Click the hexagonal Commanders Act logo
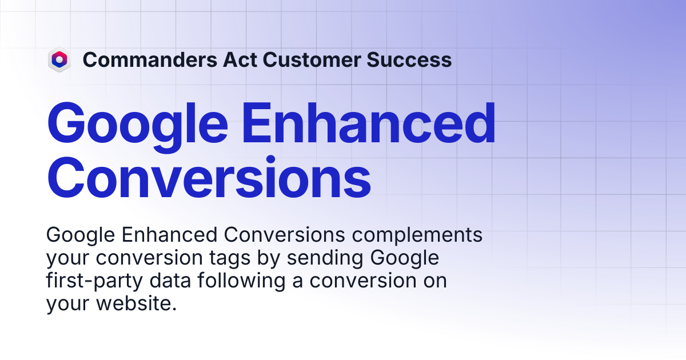[59, 59]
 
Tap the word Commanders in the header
[150, 59]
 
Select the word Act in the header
[240, 59]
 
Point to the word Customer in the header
[312, 59]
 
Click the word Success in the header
[409, 59]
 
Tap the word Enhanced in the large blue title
[369, 123]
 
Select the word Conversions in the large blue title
[209, 177]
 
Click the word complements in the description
[417, 235]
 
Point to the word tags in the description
[230, 258]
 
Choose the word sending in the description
[325, 258]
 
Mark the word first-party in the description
[94, 281]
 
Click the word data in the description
[170, 280]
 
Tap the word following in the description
[241, 281]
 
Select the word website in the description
[134, 303]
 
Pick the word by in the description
[268, 258]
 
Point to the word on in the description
[435, 281]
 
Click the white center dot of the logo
[59, 59]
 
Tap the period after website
[174, 309]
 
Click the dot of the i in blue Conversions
[271, 160]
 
